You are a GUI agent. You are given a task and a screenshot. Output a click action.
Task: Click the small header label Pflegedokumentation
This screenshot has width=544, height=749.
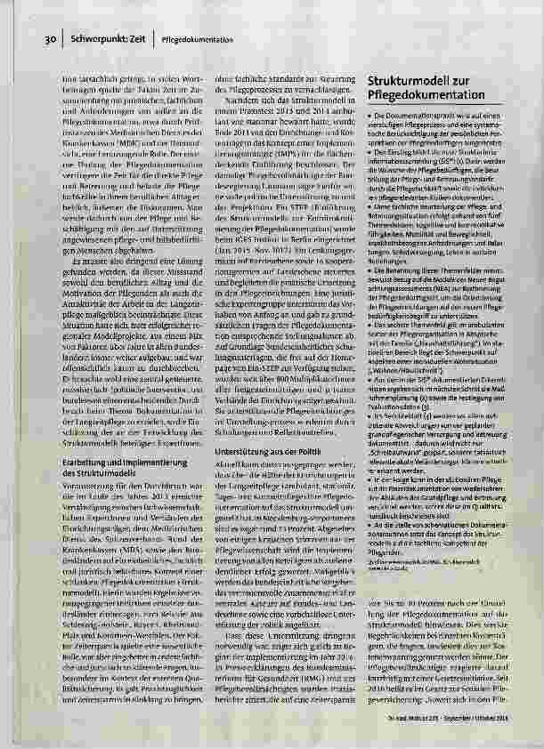(x=199, y=41)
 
